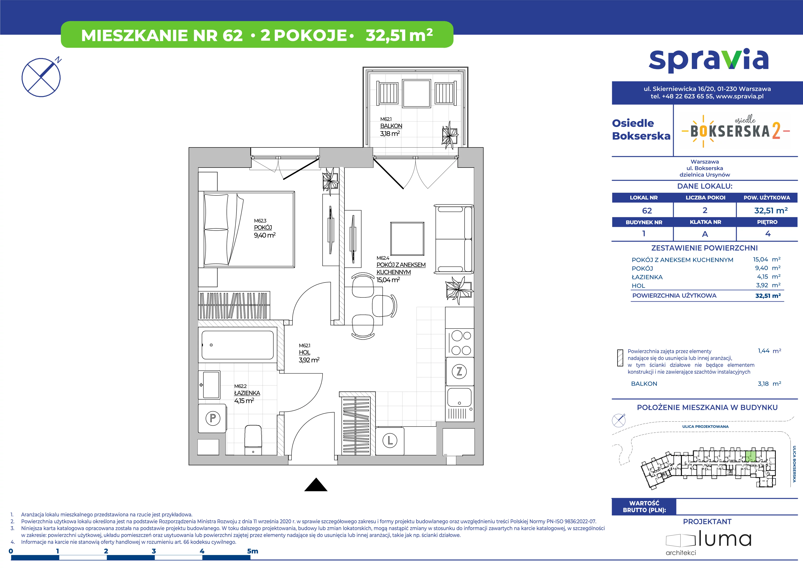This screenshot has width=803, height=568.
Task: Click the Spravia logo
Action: click(x=708, y=61)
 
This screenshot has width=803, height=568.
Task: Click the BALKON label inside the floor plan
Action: click(x=391, y=126)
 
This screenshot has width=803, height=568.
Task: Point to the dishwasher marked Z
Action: click(x=460, y=371)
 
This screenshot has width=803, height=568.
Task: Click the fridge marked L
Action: click(x=390, y=441)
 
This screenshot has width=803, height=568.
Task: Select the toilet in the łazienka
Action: click(x=253, y=440)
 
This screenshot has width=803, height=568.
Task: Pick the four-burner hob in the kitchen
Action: click(x=460, y=343)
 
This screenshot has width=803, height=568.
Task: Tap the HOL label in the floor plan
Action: click(x=304, y=353)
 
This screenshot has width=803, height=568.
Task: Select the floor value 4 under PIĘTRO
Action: click(x=768, y=234)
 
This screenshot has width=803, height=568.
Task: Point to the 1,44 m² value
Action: click(x=769, y=351)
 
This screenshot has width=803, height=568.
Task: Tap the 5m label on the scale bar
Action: click(x=253, y=551)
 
